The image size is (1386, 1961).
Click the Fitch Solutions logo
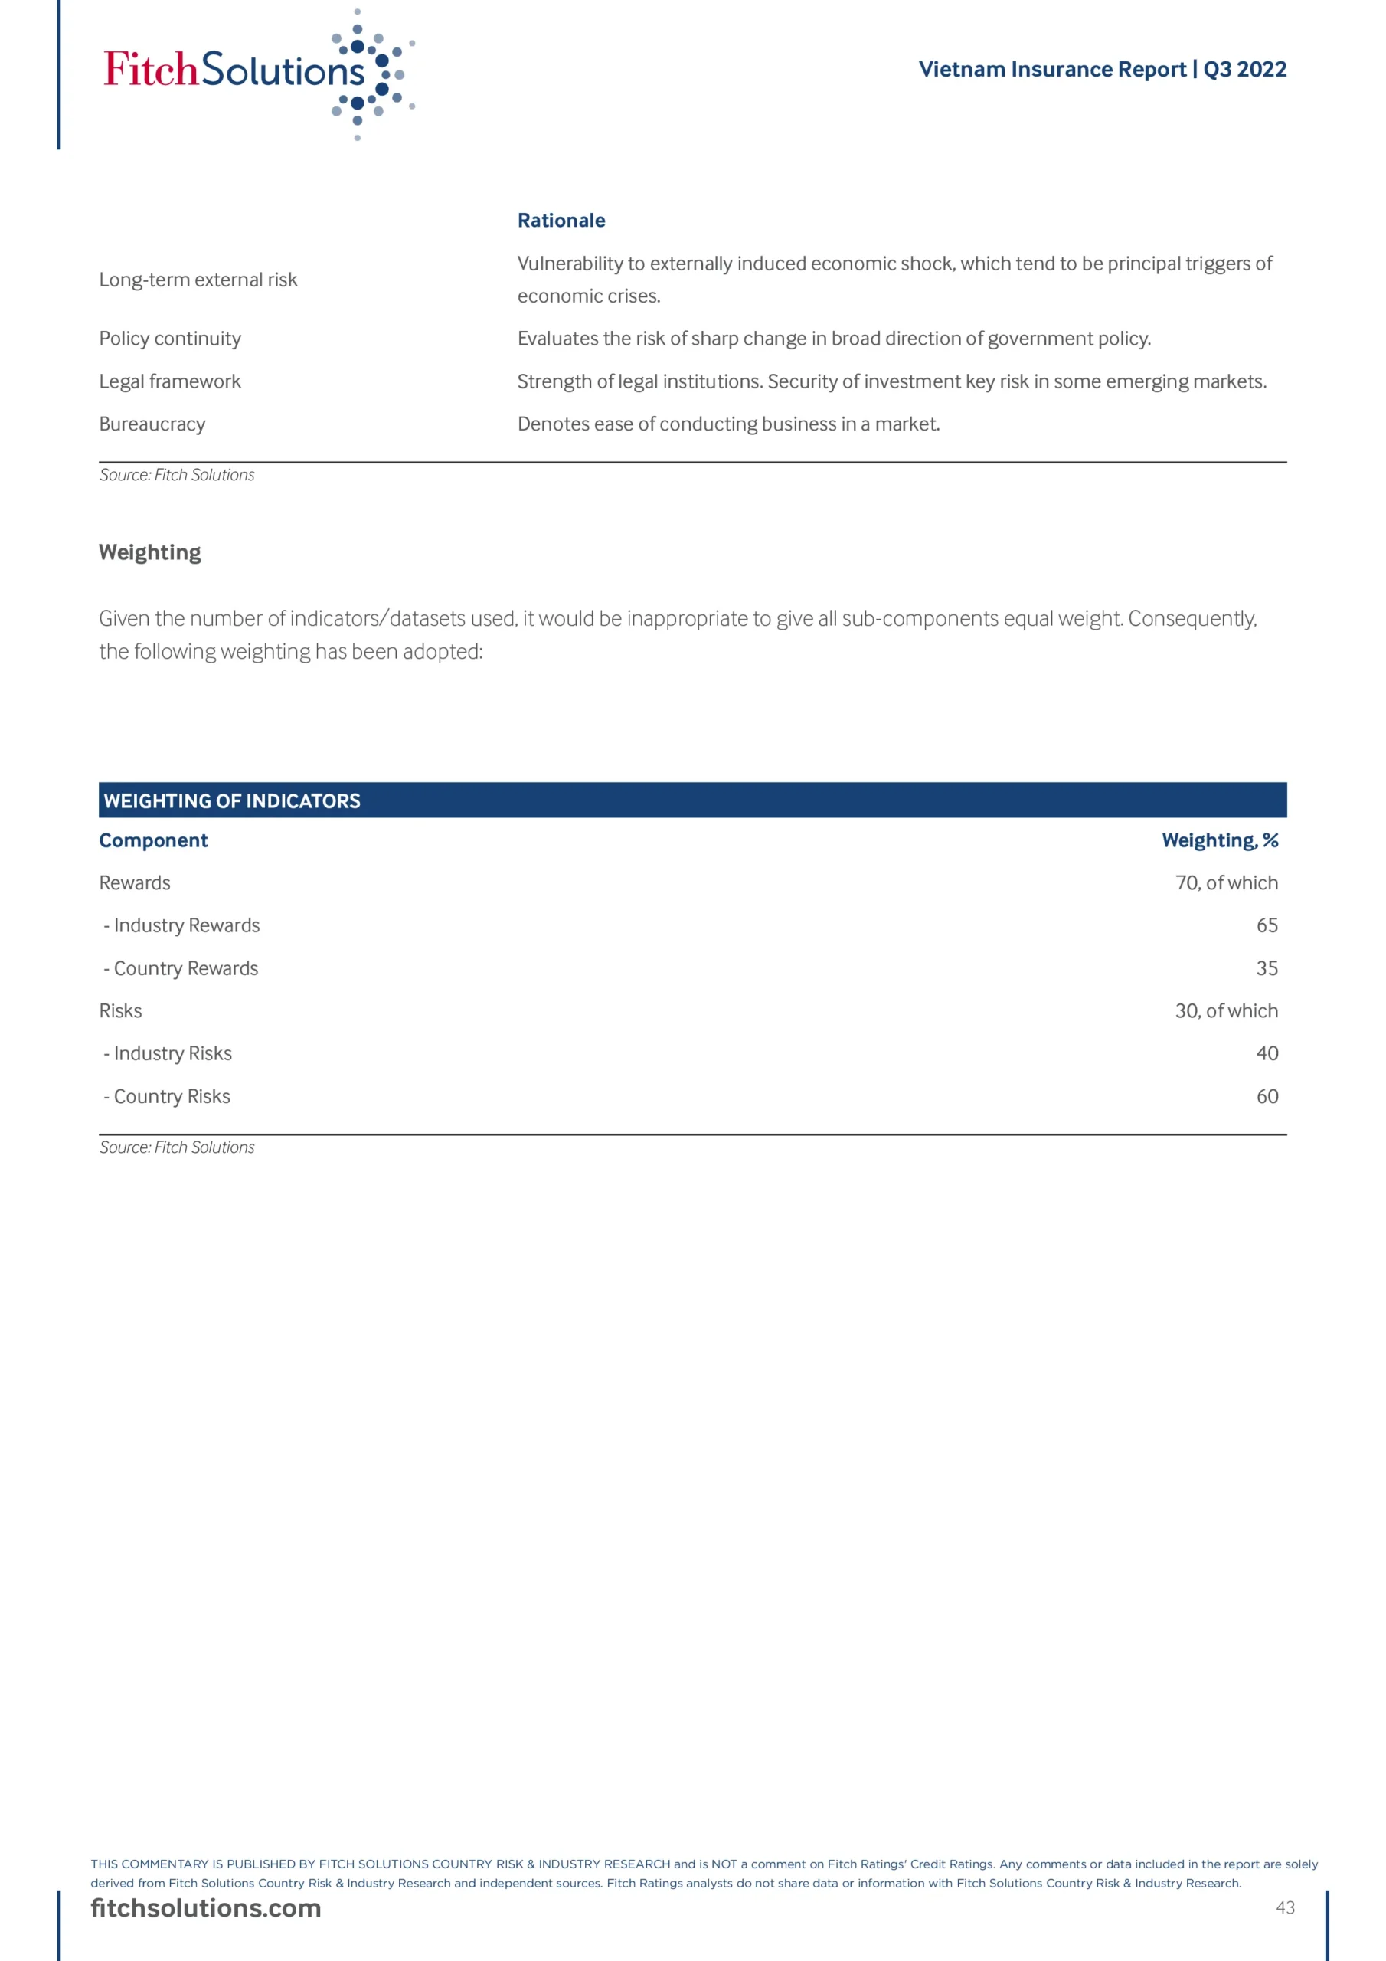[258, 74]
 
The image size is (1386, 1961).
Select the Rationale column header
[561, 221]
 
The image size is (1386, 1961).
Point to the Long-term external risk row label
[198, 280]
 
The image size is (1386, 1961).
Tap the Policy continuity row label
[170, 339]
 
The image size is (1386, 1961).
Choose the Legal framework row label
[170, 381]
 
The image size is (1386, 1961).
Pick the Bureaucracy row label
[152, 424]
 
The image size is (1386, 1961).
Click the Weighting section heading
[150, 552]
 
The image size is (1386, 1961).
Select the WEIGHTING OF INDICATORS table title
[231, 801]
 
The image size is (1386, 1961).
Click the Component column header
[154, 840]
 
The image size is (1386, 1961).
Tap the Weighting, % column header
[1220, 840]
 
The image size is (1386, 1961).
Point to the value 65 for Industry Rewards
[1267, 925]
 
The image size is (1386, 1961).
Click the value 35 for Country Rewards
[1267, 967]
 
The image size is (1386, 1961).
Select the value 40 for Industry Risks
[1267, 1053]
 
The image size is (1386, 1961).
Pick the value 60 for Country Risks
[1267, 1096]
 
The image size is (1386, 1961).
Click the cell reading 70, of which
[1226, 882]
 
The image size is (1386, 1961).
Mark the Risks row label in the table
[120, 1010]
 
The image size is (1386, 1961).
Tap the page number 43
[1284, 1907]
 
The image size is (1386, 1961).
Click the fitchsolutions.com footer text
[206, 1908]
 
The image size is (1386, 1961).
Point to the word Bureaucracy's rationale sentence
[728, 424]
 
